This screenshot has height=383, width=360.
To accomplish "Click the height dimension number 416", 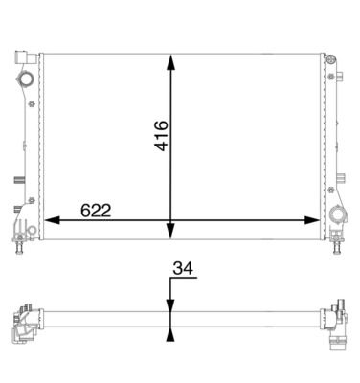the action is pos(162,136).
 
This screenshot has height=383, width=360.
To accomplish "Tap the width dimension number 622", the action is pos(96,211).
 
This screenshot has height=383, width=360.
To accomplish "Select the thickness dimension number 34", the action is pos(183,268).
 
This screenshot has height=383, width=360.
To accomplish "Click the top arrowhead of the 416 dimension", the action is pos(171,62).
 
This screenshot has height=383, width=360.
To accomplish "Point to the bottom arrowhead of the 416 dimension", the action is pos(171,231).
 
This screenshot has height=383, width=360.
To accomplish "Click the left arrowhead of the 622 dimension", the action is pos(52,220).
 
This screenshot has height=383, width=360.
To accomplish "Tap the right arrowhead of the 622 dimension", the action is pos(312,220).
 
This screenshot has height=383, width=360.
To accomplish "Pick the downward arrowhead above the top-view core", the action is pos(171,305).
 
